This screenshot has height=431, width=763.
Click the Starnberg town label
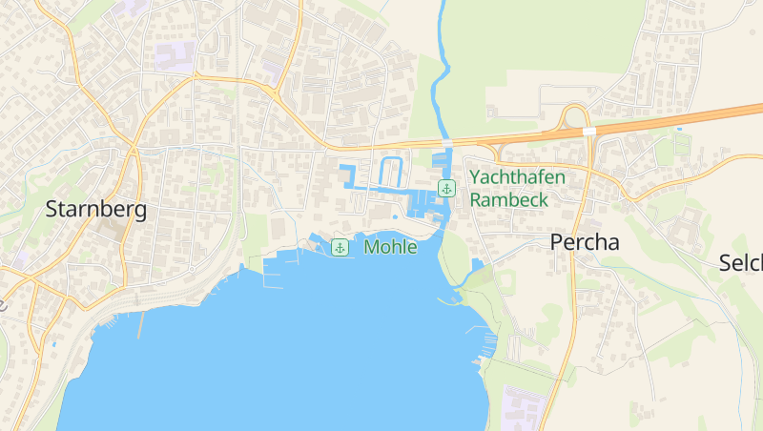pos(95,210)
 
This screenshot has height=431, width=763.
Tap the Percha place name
pos(585,242)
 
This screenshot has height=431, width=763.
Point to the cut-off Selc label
pos(740,262)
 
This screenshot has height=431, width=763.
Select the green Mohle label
pos(390,248)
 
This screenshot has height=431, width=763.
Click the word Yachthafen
pos(518,177)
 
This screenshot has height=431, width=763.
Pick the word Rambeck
pos(508,199)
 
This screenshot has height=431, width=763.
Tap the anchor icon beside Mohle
pos(340,248)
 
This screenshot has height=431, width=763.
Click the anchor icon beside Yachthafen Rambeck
pos(445,188)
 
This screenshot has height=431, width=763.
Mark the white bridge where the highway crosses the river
pos(446,142)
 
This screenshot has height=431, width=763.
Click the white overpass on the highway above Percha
pos(589,131)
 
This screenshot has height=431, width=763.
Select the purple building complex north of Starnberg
pos(175,56)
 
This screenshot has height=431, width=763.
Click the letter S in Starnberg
pos(52,210)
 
